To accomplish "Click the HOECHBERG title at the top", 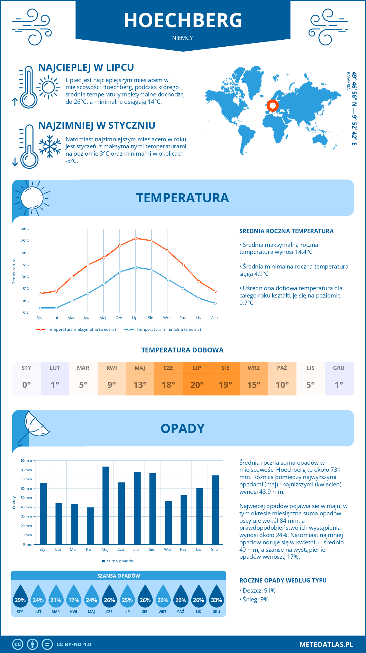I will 183,20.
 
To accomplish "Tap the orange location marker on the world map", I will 272,106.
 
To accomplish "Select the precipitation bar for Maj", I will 106,505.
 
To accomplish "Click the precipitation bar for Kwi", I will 90,526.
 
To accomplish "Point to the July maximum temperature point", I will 136,238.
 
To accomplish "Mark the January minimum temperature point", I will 40,308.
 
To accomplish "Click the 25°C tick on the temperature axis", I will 25,241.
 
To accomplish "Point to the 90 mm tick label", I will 27,460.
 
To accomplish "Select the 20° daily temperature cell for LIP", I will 197,384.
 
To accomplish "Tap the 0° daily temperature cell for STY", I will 27,384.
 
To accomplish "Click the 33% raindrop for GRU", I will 216,600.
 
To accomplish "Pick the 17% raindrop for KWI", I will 74,600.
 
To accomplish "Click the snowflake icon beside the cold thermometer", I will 50,146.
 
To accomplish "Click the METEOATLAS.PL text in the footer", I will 326,644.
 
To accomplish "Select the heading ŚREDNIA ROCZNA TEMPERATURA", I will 286,231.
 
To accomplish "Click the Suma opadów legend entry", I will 120,561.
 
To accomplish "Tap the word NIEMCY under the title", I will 182,38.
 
